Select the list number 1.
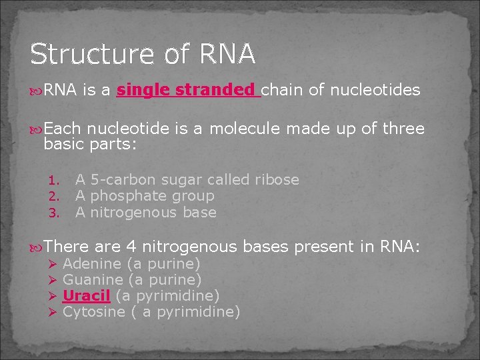[56, 181]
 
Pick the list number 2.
[56, 197]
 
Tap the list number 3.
[56, 213]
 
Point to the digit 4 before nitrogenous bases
[131, 247]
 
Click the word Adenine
[91, 264]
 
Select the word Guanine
[93, 280]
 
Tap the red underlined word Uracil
[86, 295]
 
